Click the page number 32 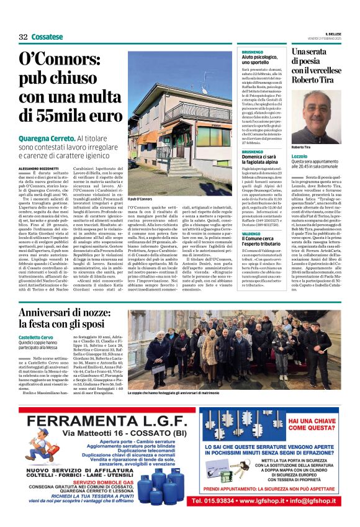pyautogui.click(x=24, y=37)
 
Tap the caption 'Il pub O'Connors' pyautogui.click(x=140, y=199)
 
